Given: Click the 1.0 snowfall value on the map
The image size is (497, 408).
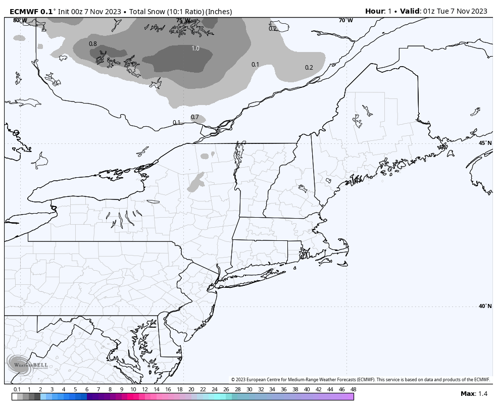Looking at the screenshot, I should [x=195, y=48].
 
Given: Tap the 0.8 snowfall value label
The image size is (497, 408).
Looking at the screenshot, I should [x=93, y=44].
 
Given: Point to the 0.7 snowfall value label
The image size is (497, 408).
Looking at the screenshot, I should [x=195, y=117].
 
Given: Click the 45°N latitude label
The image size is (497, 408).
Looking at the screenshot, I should [x=485, y=143].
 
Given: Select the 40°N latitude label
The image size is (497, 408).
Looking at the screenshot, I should [x=485, y=306].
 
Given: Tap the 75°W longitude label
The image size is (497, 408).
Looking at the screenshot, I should [x=183, y=21].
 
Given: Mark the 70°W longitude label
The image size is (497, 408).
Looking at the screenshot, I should [x=346, y=20].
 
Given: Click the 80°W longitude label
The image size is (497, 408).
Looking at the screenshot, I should [x=20, y=20].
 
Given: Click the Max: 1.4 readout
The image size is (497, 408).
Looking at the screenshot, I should [x=474, y=394].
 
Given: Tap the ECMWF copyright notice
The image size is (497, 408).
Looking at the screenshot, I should [x=361, y=380].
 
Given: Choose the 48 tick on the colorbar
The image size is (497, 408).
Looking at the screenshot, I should [x=353, y=389].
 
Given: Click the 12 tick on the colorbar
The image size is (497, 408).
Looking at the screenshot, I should [x=145, y=389].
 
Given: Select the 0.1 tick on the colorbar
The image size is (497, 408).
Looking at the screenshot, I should [x=17, y=389].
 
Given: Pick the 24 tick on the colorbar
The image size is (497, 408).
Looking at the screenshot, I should [x=214, y=389].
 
